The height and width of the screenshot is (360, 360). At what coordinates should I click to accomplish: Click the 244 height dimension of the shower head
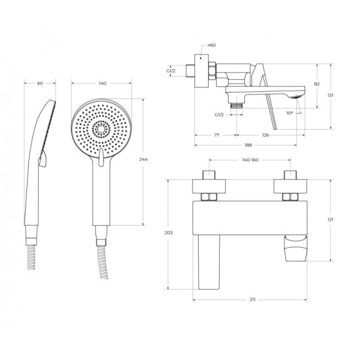(x=143, y=160)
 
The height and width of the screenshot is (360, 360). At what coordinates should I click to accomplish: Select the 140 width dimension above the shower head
(x=103, y=83)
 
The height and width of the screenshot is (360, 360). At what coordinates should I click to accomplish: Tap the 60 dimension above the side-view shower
(x=40, y=83)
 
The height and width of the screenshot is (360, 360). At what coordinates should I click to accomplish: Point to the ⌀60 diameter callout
(x=212, y=45)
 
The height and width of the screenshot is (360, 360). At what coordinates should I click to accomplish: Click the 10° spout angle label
(x=290, y=113)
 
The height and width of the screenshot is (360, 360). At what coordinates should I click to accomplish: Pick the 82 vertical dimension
(x=317, y=84)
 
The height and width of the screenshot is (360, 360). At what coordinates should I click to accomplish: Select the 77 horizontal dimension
(x=217, y=135)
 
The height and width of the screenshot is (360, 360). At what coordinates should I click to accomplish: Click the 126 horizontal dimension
(x=265, y=135)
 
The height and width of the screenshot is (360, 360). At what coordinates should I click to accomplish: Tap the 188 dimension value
(x=248, y=145)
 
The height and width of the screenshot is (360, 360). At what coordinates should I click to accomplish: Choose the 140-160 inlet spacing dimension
(x=250, y=160)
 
